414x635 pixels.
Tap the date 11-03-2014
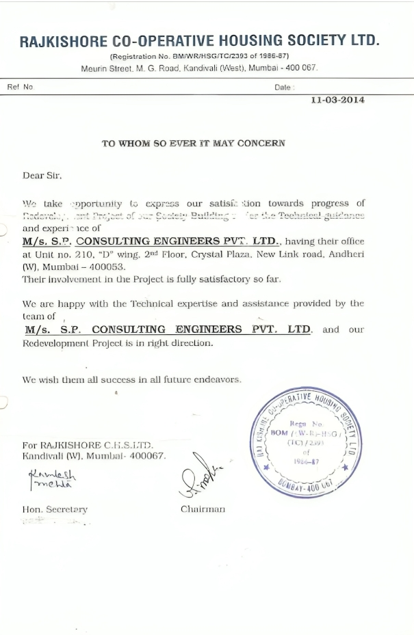pos(337,100)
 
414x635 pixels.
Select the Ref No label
pos(21,87)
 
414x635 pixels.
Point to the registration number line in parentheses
pos(199,57)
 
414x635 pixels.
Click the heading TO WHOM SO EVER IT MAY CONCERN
pos(194,144)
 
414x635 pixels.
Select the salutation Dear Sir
pos(42,176)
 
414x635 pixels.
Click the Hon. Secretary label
pos(55,509)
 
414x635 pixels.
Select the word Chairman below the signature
pos(203,509)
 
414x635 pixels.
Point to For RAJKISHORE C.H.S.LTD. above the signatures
pos(88,445)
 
